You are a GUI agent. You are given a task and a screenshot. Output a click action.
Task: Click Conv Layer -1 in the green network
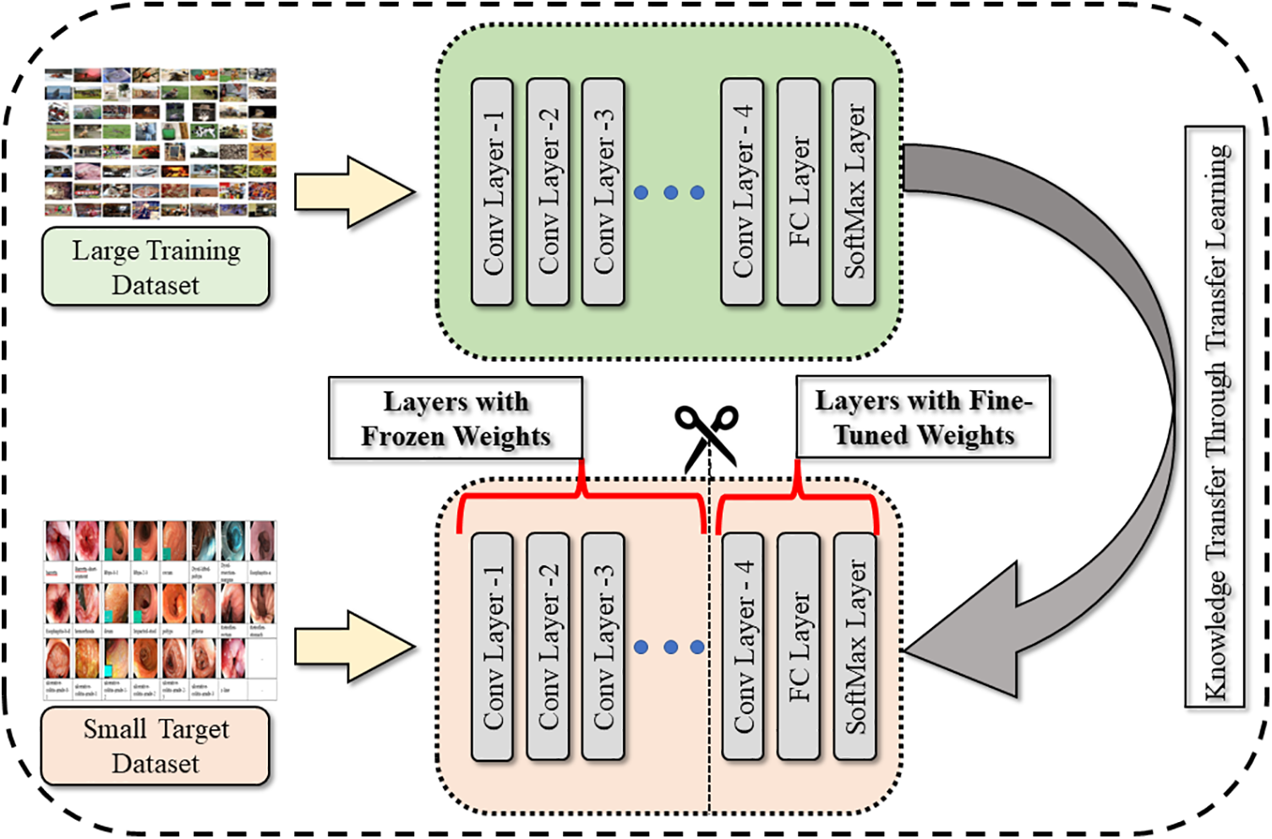pyautogui.click(x=493, y=192)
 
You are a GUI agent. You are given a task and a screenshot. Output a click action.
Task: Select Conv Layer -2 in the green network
pyautogui.click(x=548, y=192)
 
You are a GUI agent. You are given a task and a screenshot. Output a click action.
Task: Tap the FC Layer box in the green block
pyautogui.click(x=799, y=192)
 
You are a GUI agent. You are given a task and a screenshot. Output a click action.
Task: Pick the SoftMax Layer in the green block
pyautogui.click(x=854, y=192)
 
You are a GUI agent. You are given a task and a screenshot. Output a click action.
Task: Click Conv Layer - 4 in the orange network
pyautogui.click(x=743, y=646)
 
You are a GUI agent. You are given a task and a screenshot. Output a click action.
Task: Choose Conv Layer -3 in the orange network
pyautogui.click(x=603, y=646)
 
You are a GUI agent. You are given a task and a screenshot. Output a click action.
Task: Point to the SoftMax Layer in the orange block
pyautogui.click(x=854, y=646)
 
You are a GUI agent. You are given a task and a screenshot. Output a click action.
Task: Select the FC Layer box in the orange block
pyautogui.click(x=799, y=646)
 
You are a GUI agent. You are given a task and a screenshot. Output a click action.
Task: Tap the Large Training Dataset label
pyautogui.click(x=156, y=267)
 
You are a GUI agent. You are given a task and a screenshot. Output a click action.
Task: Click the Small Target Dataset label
pyautogui.click(x=156, y=746)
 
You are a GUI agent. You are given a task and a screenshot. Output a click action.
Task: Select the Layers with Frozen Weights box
pyautogui.click(x=456, y=418)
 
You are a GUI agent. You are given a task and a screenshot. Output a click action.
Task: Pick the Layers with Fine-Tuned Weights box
pyautogui.click(x=923, y=417)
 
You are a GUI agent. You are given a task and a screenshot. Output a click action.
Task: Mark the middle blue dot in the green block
pyautogui.click(x=670, y=193)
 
